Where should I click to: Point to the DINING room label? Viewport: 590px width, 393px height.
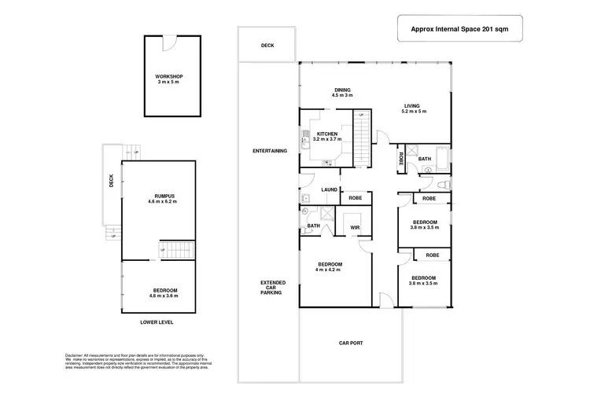click(342, 93)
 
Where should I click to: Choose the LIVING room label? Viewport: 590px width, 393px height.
click(413, 108)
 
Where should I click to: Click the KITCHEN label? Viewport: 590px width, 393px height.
click(327, 137)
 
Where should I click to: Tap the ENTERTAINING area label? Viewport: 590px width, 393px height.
click(269, 150)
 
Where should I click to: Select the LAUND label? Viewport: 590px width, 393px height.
click(329, 189)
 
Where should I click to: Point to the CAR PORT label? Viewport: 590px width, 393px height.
click(350, 343)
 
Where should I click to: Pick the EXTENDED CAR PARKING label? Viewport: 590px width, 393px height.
click(273, 288)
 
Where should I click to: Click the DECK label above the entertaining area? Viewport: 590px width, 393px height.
click(268, 46)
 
